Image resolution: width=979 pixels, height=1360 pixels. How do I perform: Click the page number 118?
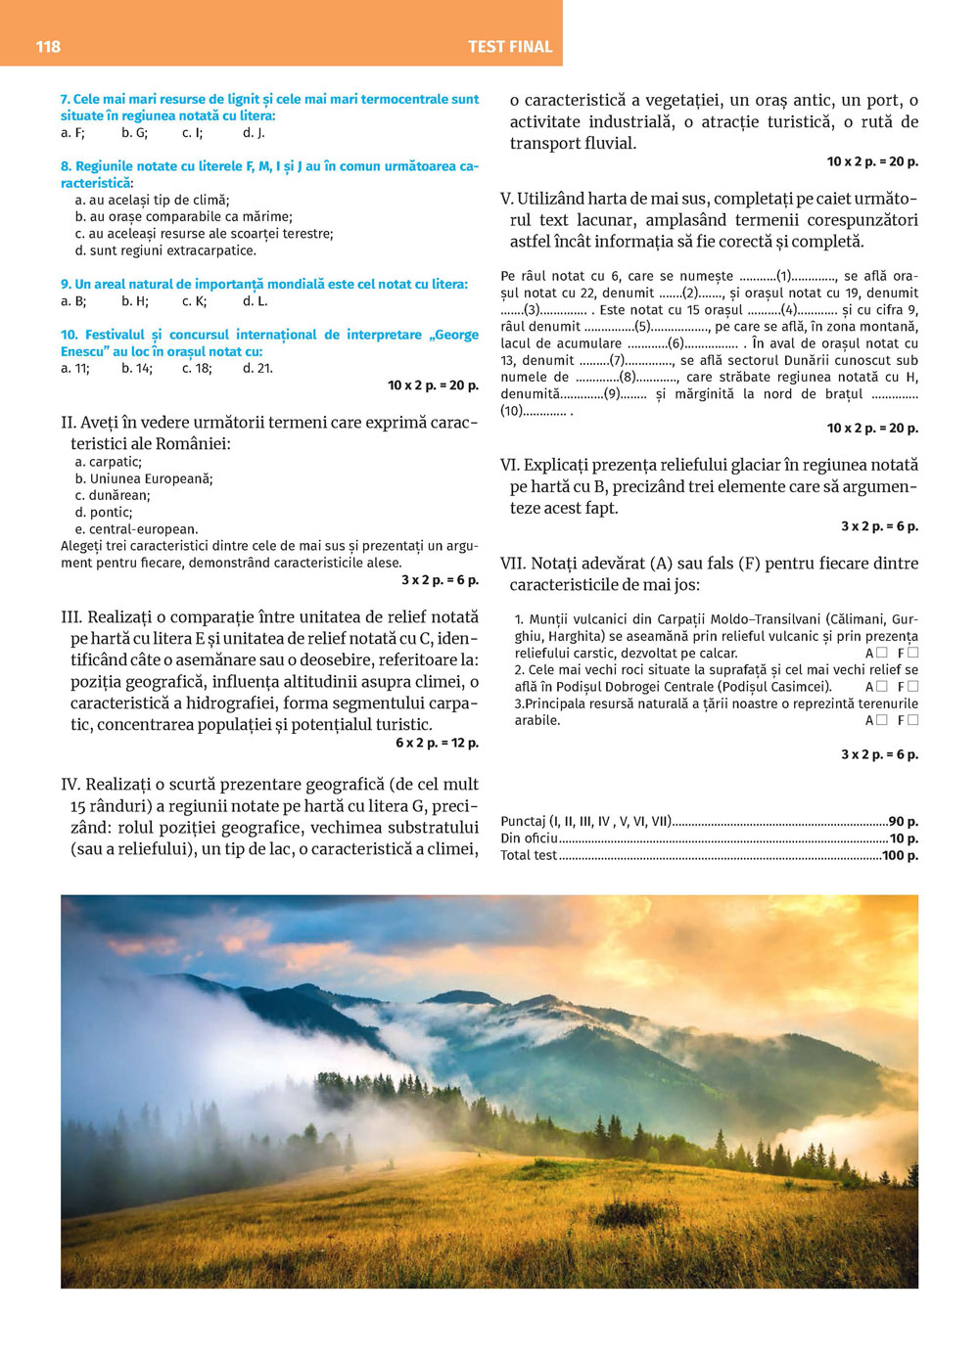pos(48,46)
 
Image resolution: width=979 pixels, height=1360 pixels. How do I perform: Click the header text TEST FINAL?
pos(510,46)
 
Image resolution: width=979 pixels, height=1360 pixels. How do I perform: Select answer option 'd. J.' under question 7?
pos(254,133)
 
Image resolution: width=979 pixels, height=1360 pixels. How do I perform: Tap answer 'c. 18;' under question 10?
pos(196,369)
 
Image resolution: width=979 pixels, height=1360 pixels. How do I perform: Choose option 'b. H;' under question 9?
pos(135,301)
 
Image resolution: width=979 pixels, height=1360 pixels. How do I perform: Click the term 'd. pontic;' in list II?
pos(104,513)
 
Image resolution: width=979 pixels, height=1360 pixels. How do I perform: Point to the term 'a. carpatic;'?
pos(109,462)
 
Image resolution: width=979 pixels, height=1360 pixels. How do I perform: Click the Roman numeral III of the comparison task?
pos(71,617)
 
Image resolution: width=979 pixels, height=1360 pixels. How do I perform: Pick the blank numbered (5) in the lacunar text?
pos(643,327)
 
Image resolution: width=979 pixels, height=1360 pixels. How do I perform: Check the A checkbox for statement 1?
pos(882,653)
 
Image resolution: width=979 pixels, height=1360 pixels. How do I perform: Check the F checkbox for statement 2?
pos(913,687)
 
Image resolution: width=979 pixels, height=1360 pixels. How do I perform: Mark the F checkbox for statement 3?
pos(913,720)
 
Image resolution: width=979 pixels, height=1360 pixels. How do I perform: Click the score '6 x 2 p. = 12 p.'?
pos(437,744)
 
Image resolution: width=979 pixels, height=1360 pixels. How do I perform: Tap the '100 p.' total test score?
pos(900,856)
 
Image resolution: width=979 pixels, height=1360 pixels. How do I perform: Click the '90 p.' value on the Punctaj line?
pos(904,822)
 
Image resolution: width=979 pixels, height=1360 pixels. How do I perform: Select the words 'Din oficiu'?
pos(529,839)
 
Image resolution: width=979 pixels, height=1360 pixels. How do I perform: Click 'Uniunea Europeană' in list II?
pos(151,479)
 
